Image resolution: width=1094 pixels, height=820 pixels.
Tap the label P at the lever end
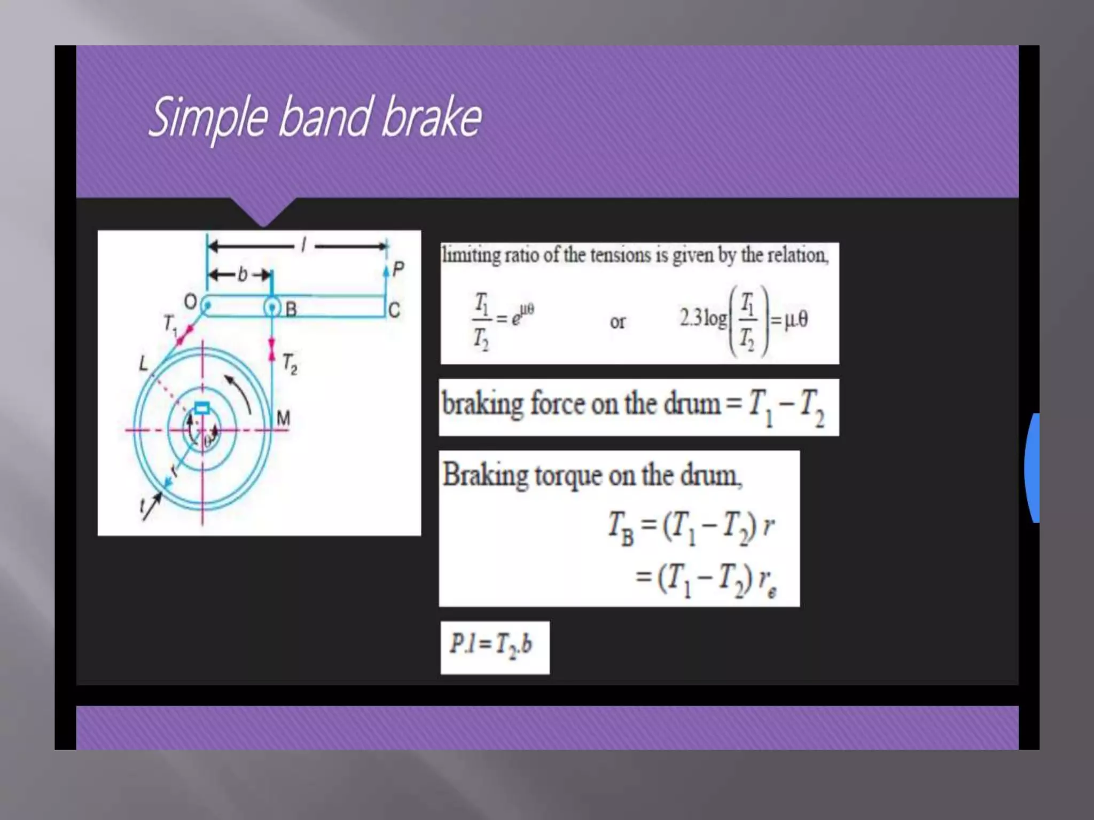398,269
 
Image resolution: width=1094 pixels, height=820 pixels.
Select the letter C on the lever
394,310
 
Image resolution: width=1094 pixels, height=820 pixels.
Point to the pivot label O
190,302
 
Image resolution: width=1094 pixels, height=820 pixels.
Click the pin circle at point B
272,307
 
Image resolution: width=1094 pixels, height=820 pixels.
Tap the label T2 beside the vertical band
290,364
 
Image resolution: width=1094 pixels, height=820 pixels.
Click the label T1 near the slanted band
170,324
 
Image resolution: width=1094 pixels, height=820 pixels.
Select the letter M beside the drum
283,418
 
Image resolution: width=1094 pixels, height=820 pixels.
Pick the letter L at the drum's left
143,364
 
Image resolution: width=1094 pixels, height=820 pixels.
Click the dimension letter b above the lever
243,274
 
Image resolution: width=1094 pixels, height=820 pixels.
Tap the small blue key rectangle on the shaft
202,408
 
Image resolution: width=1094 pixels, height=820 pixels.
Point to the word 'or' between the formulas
618,322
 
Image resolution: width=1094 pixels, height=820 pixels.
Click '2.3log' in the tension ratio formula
703,319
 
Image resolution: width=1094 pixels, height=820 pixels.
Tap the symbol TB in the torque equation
621,528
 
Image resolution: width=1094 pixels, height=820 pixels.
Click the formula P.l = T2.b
491,644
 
